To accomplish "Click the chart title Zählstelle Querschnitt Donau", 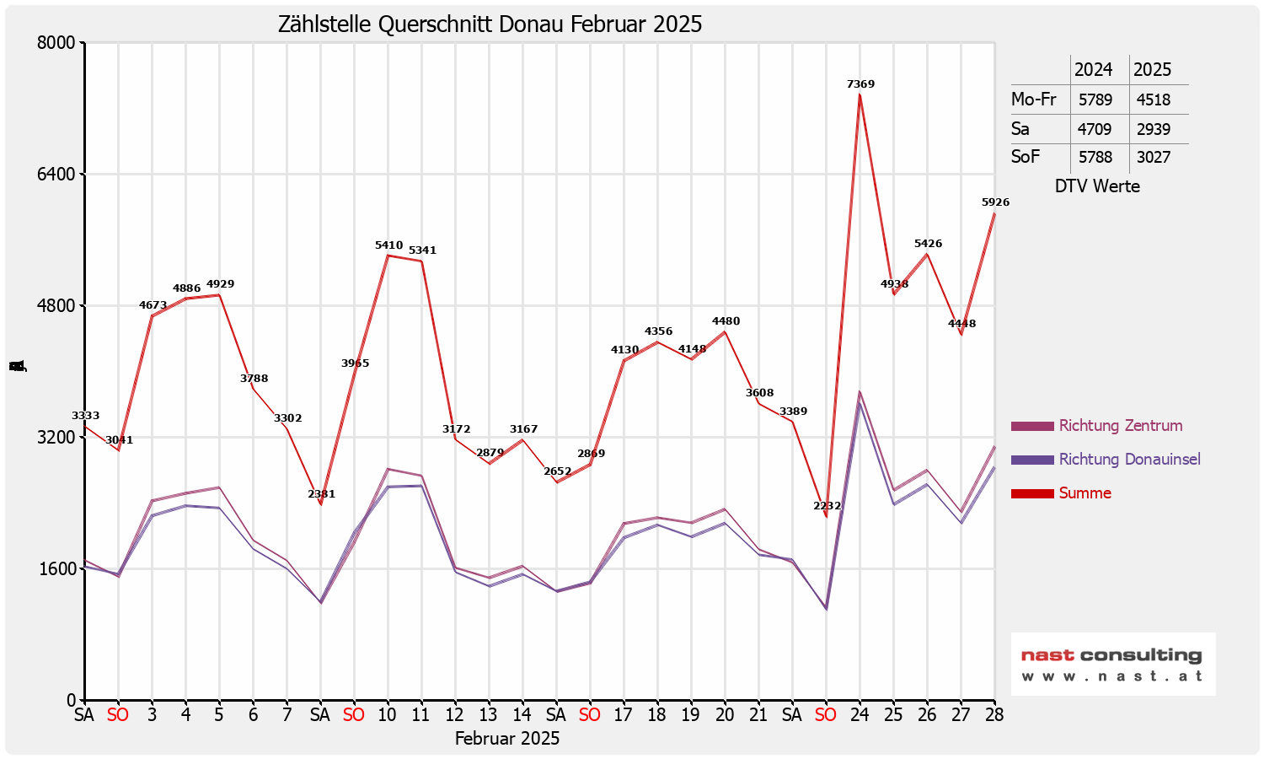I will coord(490,24).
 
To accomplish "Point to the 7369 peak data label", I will coord(860,84).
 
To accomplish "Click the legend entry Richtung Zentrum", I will coord(1120,426).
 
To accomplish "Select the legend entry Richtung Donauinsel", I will coord(1129,460).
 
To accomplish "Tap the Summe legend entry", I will coord(1085,493).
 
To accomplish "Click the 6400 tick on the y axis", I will coord(58,175).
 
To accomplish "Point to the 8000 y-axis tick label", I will coord(58,43).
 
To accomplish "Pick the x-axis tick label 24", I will coord(860,715).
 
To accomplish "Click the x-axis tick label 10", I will coord(387,715).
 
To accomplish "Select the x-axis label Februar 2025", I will coord(507,739).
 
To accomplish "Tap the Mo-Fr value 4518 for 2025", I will coord(1153,100).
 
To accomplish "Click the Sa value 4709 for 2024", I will coord(1095,129).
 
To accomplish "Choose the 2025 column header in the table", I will coord(1152,70).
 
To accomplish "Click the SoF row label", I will coord(1026,157).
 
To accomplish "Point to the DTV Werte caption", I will coord(1097,186).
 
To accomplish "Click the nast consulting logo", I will coord(1112,664).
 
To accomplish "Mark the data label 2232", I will coord(827,506).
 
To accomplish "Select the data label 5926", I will coord(995,202).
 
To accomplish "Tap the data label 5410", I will coord(388,245).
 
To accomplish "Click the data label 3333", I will coord(85,416).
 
